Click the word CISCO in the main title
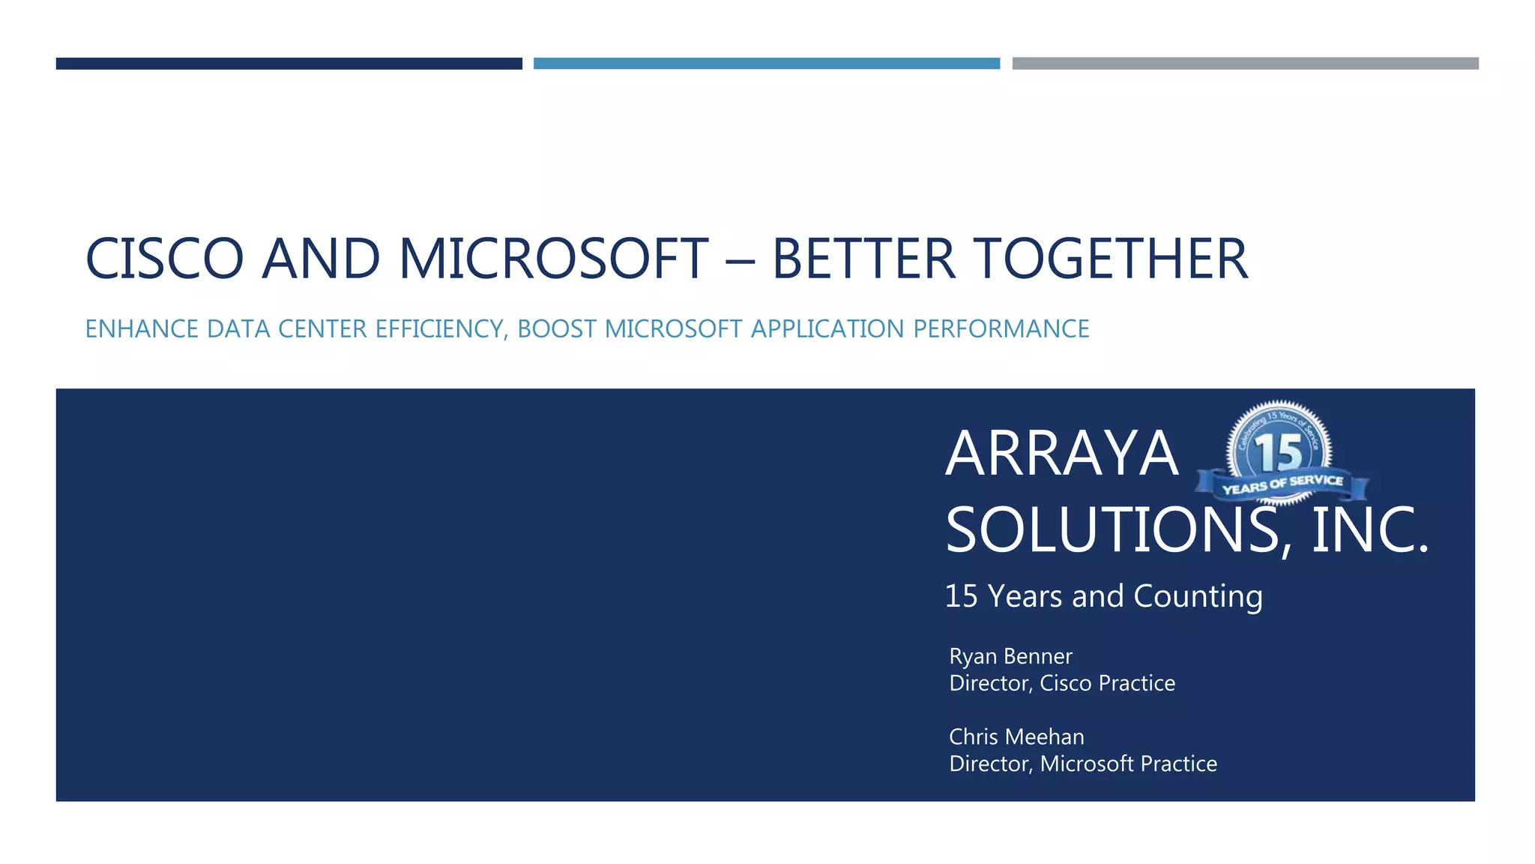[x=164, y=259]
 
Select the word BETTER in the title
[x=863, y=259]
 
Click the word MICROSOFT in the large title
[x=553, y=259]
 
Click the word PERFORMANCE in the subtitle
[x=1001, y=329]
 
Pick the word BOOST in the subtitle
[x=557, y=329]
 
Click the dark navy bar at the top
[x=289, y=64]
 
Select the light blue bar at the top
[x=766, y=64]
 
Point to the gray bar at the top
[x=1245, y=64]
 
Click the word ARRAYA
[x=1061, y=454]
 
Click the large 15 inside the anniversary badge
[x=1279, y=451]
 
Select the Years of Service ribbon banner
[x=1282, y=484]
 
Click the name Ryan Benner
[x=1010, y=656]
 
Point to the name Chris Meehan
[x=1016, y=736]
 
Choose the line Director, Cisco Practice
[x=1062, y=683]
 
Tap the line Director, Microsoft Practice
[x=1083, y=763]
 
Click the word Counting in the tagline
[x=1198, y=597]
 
